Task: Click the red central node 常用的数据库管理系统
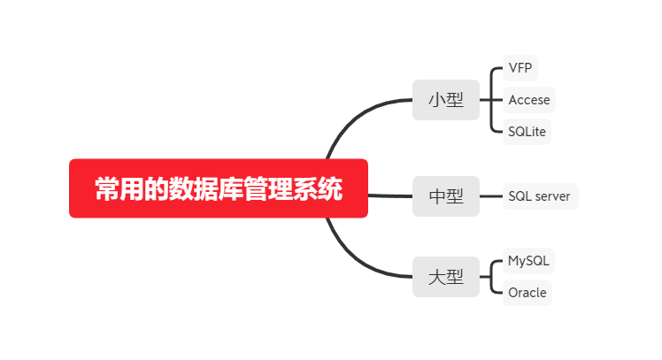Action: [x=218, y=188]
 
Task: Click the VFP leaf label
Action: [x=520, y=67]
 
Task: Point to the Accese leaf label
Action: [x=528, y=99]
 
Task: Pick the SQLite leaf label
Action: [x=527, y=132]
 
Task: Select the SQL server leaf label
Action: [x=539, y=195]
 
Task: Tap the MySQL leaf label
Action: [x=528, y=261]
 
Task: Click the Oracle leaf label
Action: [x=527, y=293]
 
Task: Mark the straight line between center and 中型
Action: [x=389, y=195]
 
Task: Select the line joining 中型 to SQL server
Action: [x=490, y=195]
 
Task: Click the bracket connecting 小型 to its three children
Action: [x=491, y=99]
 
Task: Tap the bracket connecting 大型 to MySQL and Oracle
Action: [x=491, y=277]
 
